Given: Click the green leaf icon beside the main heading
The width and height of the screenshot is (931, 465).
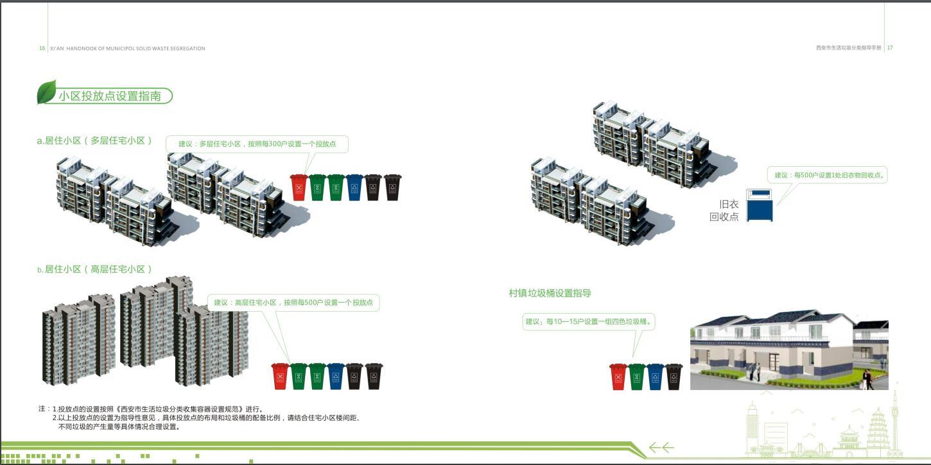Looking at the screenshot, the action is click(46, 92).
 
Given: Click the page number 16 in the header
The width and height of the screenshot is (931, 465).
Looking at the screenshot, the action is click(42, 48).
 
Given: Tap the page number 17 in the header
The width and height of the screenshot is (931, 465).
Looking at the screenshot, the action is click(890, 47).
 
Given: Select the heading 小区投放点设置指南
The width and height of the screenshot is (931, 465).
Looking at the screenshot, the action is click(110, 96).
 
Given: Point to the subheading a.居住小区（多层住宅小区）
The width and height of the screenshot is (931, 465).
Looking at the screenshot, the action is click(94, 140).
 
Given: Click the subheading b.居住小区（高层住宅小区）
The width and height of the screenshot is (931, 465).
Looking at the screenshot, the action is click(94, 269).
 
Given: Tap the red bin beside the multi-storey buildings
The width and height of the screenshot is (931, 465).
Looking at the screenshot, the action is click(299, 187).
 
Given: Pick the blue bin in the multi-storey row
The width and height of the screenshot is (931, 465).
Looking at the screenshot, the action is click(354, 187).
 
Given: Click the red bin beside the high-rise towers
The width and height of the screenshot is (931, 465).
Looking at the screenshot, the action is click(280, 376).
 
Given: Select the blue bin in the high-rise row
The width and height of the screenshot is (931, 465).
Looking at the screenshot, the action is click(336, 376).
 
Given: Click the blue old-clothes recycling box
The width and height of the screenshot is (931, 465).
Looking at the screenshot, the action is click(760, 205).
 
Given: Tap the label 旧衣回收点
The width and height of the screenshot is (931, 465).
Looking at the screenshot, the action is click(724, 210).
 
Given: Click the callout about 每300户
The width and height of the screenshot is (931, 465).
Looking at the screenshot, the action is click(257, 144).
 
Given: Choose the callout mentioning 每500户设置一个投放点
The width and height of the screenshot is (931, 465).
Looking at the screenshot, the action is click(293, 303).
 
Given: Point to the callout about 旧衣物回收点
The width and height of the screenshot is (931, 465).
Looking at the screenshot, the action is click(827, 175).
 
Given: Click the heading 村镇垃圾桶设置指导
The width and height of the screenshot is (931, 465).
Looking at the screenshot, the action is click(550, 293).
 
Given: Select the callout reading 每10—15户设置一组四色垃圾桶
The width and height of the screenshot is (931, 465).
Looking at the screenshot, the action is click(589, 322).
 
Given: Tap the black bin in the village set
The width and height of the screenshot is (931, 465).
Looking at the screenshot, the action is click(674, 376).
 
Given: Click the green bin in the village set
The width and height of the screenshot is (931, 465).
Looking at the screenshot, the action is click(637, 376).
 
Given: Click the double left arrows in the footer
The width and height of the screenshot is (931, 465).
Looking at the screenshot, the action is click(662, 448).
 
